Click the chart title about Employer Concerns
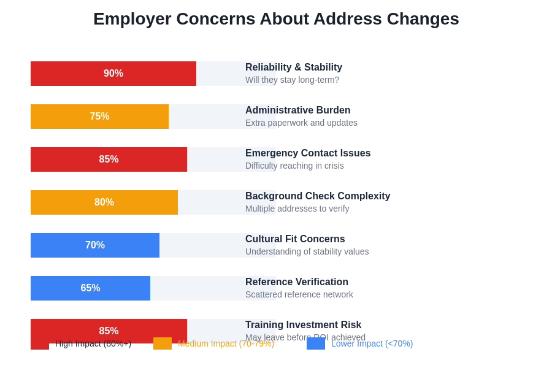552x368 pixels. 276,19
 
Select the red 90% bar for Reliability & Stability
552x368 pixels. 113,74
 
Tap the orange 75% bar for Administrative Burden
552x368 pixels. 99,117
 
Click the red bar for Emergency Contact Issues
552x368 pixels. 109,159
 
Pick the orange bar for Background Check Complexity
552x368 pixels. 104,202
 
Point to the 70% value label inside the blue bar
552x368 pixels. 95,245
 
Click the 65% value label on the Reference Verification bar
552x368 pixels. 90,288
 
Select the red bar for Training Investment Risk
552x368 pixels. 109,328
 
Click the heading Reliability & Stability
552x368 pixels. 294,67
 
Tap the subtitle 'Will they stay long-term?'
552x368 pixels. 292,80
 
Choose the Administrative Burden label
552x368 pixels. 297,110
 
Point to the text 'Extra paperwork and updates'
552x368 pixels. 301,123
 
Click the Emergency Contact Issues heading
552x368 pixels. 308,153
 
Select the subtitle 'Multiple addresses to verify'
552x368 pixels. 297,209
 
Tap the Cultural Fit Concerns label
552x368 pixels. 295,239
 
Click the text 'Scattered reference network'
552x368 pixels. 299,294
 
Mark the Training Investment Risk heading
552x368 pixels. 303,325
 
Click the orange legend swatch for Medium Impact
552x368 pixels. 163,343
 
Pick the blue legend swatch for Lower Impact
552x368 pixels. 316,343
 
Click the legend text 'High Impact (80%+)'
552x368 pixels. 93,343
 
